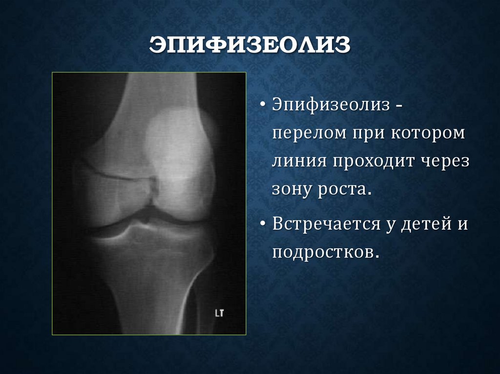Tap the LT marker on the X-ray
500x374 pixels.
[219, 313]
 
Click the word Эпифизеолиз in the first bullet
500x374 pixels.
[330, 105]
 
